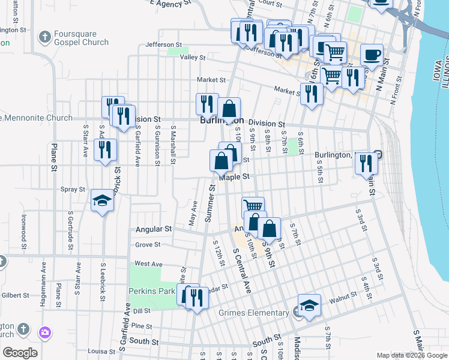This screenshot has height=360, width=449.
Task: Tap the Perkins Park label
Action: pyautogui.click(x=150, y=291)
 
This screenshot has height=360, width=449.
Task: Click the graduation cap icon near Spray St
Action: pyautogui.click(x=103, y=201)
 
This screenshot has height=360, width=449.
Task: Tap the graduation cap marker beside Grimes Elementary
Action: pyautogui.click(x=309, y=305)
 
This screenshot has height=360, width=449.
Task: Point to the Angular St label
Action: pyautogui.click(x=154, y=229)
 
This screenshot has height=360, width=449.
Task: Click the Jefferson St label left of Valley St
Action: pyautogui.click(x=163, y=44)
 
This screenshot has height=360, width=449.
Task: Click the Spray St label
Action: pyautogui.click(x=73, y=189)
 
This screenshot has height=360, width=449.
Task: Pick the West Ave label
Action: pyautogui.click(x=148, y=263)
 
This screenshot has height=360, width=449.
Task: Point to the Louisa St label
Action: pyautogui.click(x=101, y=351)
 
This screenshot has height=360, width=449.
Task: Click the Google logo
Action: pyautogui.click(x=20, y=353)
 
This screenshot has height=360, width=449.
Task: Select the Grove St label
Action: pyautogui.click(x=148, y=245)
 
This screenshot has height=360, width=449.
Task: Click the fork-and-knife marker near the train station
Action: pyautogui.click(x=366, y=163)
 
